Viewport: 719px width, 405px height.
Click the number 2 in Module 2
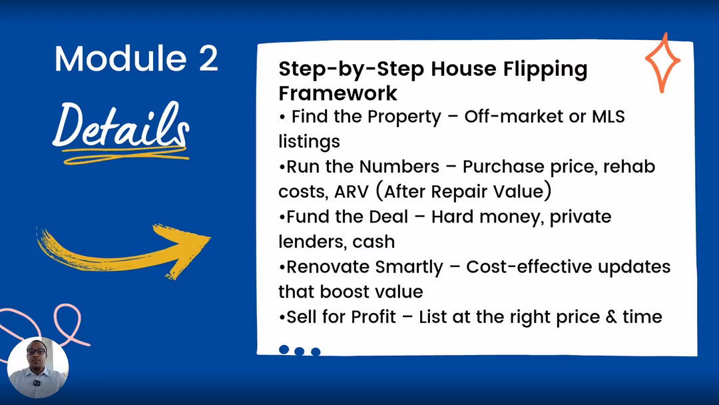pyautogui.click(x=208, y=59)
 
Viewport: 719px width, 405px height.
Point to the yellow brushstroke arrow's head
pyautogui.click(x=186, y=248)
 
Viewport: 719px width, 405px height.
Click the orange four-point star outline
pyautogui.click(x=662, y=63)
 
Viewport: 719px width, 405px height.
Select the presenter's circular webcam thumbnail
pyautogui.click(x=38, y=368)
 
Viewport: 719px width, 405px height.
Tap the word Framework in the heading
pyautogui.click(x=338, y=93)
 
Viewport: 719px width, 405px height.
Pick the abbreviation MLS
pyautogui.click(x=608, y=117)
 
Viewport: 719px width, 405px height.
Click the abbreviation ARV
pyautogui.click(x=352, y=191)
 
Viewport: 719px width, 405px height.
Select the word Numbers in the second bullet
pyautogui.click(x=399, y=167)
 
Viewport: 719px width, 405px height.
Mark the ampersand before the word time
pyautogui.click(x=611, y=317)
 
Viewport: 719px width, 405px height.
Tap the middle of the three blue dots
pyautogui.click(x=300, y=351)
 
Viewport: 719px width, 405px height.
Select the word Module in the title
pyautogui.click(x=120, y=59)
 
